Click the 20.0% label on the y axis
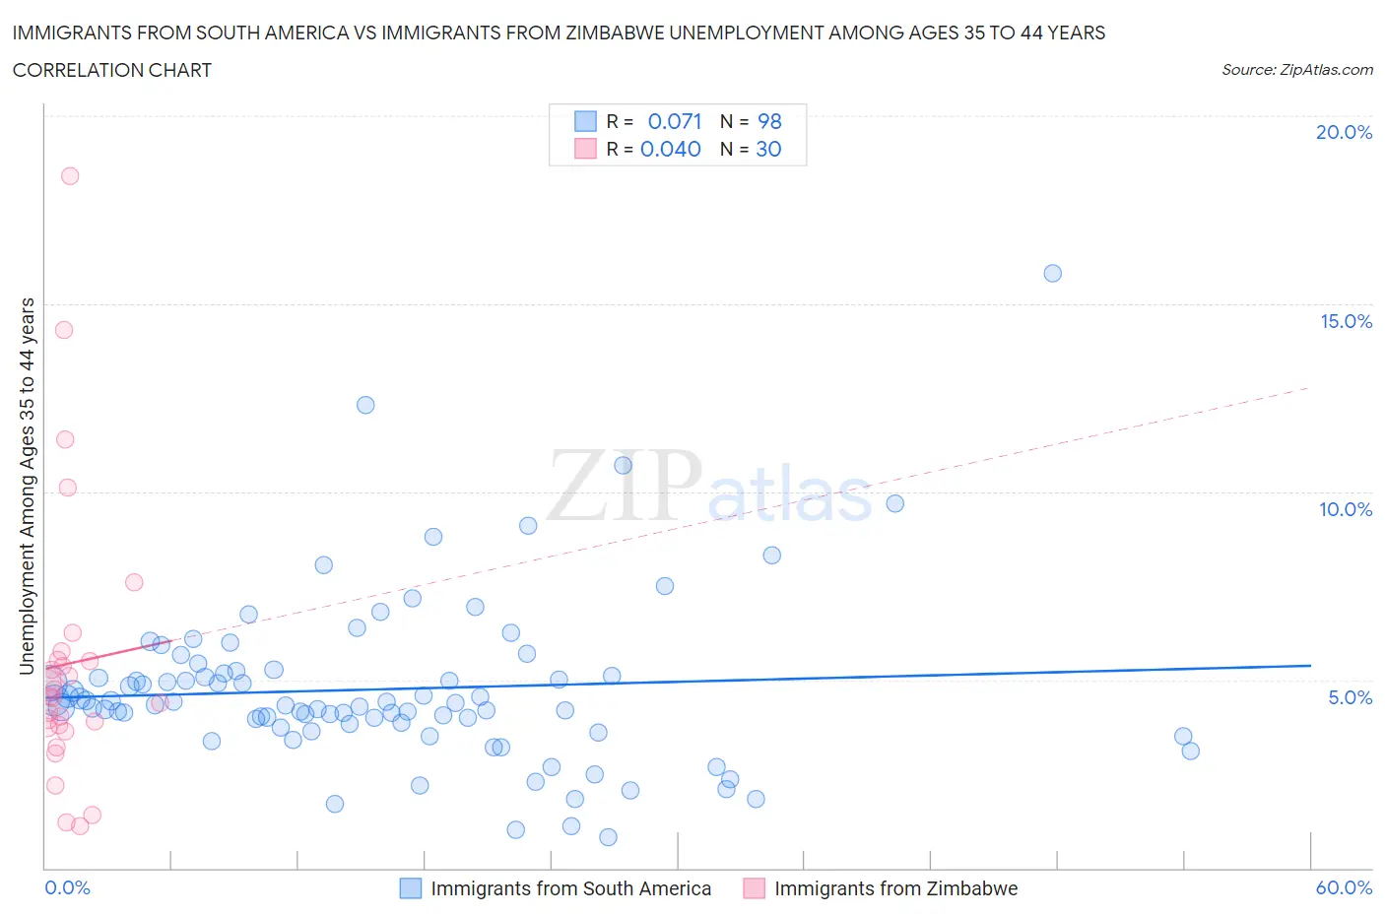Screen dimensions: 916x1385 click(x=1344, y=132)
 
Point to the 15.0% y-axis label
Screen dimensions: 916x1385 click(x=1346, y=321)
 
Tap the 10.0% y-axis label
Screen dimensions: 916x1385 click(x=1346, y=509)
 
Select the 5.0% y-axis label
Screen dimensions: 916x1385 click(x=1350, y=697)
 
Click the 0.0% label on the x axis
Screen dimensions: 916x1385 click(x=67, y=887)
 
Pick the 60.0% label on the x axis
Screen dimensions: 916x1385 click(x=1344, y=887)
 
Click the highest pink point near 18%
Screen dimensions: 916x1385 click(x=70, y=176)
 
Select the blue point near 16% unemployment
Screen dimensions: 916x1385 click(x=1052, y=274)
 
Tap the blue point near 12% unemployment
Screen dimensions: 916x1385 click(x=365, y=405)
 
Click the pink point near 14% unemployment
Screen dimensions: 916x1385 click(x=64, y=330)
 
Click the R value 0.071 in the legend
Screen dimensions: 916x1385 click(x=675, y=121)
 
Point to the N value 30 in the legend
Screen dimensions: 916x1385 click(x=768, y=149)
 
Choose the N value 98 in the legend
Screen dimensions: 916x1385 click(x=769, y=121)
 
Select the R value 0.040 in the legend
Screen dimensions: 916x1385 click(x=671, y=149)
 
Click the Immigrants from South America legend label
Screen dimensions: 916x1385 click(x=570, y=888)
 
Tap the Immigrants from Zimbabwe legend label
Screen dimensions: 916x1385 click(x=895, y=888)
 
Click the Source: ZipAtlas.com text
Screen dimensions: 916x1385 click(x=1296, y=70)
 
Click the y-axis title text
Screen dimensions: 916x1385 click(x=28, y=486)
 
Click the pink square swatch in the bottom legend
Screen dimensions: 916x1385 click(x=754, y=888)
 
